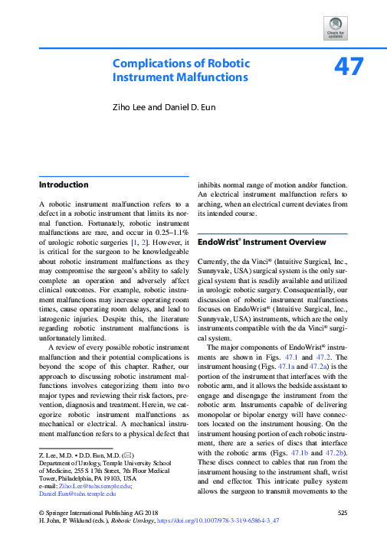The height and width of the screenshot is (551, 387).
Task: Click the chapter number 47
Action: (347, 68)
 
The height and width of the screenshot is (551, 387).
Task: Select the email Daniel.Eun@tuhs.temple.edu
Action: (77, 494)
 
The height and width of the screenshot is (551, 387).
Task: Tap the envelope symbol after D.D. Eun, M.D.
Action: (116, 455)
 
